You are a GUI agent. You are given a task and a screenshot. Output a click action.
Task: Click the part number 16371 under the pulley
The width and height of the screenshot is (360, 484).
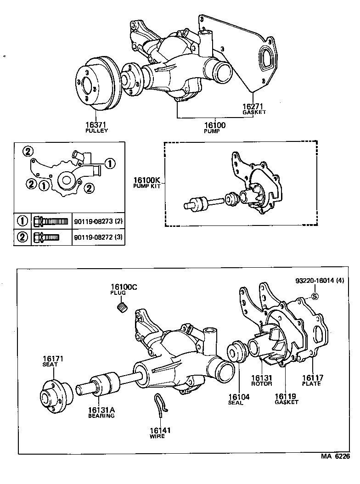[96, 124]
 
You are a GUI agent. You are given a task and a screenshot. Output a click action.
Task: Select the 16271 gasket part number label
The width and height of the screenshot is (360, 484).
[254, 106]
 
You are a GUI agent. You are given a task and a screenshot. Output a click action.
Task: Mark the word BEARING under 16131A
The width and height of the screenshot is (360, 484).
[101, 416]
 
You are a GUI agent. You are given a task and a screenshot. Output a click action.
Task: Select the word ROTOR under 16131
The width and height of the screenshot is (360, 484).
[262, 384]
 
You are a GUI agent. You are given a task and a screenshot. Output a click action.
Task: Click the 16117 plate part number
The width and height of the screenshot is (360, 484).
[312, 378]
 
